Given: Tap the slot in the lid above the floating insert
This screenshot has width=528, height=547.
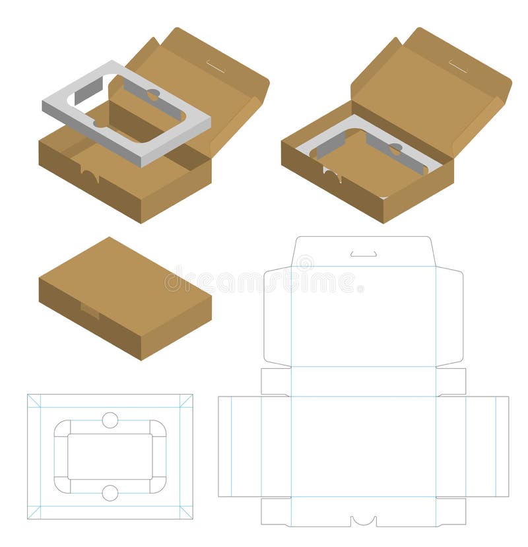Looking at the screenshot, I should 215,67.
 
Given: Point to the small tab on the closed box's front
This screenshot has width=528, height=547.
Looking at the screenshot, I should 90,310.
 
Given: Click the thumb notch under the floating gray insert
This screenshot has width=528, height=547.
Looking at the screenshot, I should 90,174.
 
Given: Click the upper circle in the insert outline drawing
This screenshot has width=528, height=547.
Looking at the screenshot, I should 110,420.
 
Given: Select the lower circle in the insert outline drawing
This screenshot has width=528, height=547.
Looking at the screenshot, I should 110,493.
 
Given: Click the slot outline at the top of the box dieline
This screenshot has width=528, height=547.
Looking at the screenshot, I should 364,254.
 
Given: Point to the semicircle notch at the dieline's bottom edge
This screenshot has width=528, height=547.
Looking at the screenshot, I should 364,521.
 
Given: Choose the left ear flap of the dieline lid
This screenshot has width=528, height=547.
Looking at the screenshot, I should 277,317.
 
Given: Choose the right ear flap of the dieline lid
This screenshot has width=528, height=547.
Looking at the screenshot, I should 449,317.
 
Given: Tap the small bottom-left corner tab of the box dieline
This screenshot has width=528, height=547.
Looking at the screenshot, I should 275,511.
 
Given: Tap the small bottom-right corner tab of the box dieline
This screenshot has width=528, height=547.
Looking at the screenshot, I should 451,511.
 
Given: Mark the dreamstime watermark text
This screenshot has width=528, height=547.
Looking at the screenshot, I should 264,282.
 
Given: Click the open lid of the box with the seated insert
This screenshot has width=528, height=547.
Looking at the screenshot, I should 436,99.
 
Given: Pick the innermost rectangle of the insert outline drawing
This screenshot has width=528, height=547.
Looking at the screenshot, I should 110,457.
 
